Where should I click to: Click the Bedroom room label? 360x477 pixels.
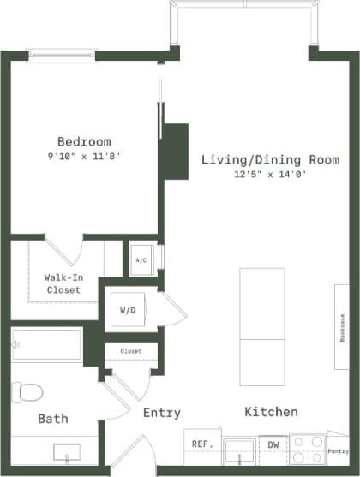(84, 141)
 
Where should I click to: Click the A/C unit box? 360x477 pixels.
(141, 261)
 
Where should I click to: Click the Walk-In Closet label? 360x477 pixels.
(63, 283)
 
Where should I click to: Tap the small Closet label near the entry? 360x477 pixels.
(130, 351)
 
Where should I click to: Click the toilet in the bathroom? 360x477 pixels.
(27, 392)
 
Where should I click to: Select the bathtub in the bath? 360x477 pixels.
(47, 344)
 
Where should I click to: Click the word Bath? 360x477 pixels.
(53, 419)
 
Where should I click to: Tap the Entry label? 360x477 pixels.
(161, 413)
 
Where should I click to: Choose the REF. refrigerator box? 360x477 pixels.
(201, 444)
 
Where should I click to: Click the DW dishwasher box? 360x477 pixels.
(273, 444)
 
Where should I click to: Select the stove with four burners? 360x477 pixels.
(307, 447)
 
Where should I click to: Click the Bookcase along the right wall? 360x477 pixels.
(341, 326)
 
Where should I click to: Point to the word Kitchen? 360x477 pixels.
(271, 412)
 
